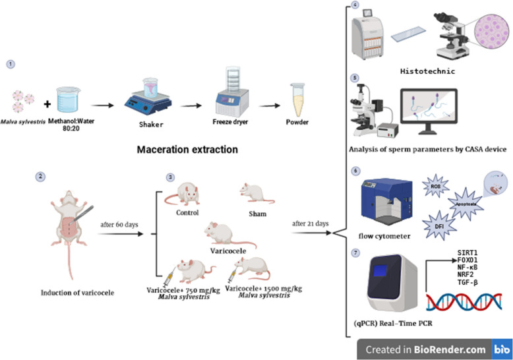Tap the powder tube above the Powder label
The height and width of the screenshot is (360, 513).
tap(297, 100)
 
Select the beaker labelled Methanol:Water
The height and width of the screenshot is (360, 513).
tap(69, 100)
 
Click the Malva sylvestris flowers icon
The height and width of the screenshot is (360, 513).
tap(23, 101)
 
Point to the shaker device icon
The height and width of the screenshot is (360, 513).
tap(148, 96)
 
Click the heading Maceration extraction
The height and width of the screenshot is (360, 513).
tap(187, 150)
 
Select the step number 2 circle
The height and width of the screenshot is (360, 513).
tap(40, 177)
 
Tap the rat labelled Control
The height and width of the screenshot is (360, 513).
tap(183, 194)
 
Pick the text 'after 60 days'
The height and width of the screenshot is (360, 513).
tap(119, 225)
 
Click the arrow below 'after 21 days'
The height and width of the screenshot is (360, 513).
tap(311, 233)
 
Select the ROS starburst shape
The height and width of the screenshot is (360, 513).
tap(435, 186)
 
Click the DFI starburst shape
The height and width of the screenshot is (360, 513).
tap(439, 225)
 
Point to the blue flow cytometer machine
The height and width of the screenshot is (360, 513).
tap(386, 201)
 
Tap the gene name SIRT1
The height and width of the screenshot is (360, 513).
tap(468, 253)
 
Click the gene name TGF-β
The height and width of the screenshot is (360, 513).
tap(468, 282)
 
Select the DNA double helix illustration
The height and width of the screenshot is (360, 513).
tap(464, 302)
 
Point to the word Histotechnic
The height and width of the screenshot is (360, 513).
tap(427, 71)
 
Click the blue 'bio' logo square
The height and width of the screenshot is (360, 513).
tap(502, 349)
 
